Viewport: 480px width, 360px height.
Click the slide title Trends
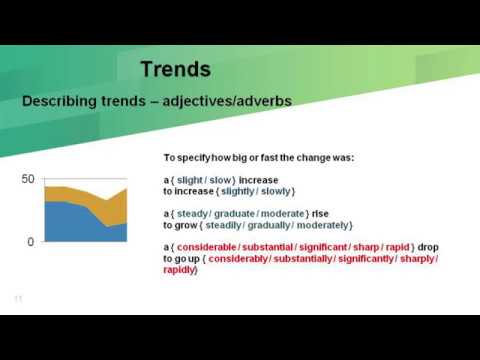coord(175,69)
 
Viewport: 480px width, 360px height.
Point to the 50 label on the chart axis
coord(28,179)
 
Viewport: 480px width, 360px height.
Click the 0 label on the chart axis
coord(31,242)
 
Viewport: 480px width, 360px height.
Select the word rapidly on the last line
coord(180,269)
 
